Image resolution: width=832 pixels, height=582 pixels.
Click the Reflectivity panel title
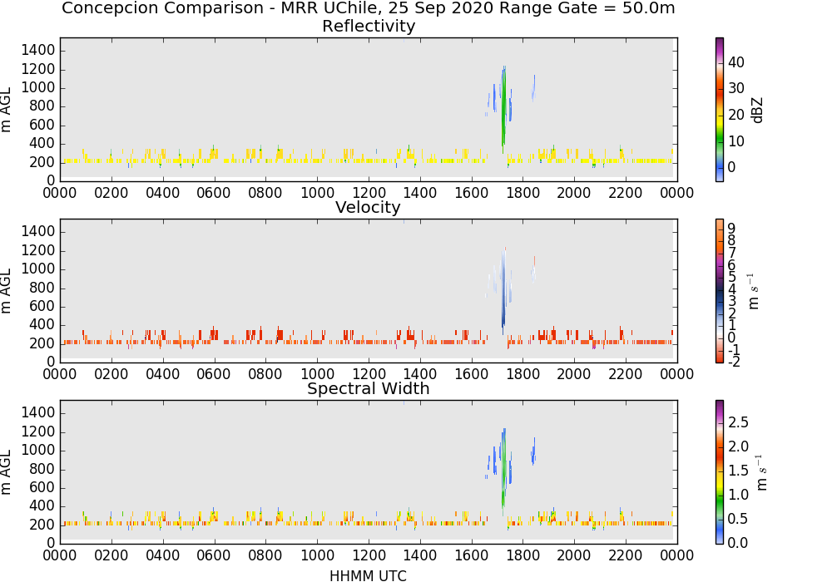click(x=369, y=26)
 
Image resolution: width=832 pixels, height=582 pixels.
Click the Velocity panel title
click(x=368, y=207)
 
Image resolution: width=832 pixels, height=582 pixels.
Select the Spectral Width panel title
click(x=369, y=388)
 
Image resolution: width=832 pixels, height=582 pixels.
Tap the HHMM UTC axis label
click(x=368, y=575)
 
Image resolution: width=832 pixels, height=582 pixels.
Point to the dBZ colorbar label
click(x=757, y=111)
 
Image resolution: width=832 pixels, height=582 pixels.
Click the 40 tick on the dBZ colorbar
click(x=736, y=62)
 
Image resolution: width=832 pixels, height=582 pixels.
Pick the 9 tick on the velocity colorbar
click(x=731, y=228)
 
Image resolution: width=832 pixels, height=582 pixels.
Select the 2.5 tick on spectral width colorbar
click(x=738, y=422)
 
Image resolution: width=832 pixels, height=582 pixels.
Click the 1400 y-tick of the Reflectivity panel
click(x=37, y=51)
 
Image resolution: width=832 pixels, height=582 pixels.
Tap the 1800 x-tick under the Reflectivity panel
click(x=522, y=193)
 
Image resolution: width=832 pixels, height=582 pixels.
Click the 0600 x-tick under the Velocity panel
click(x=214, y=374)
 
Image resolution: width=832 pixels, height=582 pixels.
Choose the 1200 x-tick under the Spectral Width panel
click(x=369, y=555)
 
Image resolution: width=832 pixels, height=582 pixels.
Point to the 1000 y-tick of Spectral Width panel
click(x=37, y=451)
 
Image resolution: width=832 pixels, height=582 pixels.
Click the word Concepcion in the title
click(x=111, y=8)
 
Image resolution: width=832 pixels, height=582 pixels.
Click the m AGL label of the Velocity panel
click(x=6, y=290)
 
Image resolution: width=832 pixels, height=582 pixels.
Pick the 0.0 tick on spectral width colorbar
click(x=738, y=543)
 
